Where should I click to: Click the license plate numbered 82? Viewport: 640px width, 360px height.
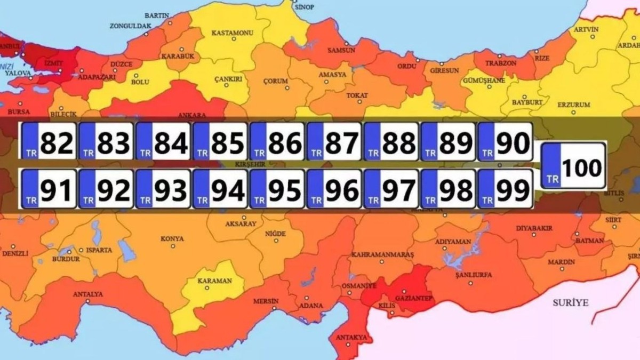48,141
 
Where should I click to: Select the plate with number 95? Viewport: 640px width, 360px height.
277,189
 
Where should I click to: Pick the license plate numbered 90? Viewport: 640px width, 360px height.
505,141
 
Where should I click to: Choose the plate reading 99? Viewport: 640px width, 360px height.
505,189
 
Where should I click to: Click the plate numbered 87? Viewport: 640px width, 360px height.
334,141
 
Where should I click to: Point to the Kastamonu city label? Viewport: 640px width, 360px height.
232,33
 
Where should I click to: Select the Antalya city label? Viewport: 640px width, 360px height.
88,294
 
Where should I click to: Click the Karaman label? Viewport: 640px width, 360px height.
214,281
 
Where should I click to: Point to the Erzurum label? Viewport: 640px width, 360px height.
574,105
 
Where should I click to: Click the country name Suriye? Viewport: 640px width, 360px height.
570,302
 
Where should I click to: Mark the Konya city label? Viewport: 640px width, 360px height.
172,238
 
